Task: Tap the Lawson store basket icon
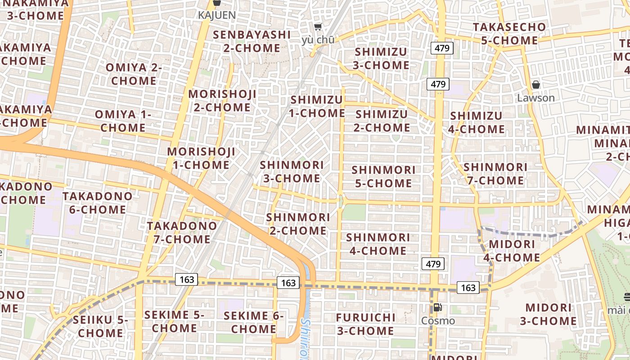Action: [536, 85]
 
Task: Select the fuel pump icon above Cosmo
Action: [437, 308]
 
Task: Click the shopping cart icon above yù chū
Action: [318, 27]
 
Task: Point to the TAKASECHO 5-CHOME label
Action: [509, 34]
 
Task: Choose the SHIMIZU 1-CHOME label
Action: [317, 106]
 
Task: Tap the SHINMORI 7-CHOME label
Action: [495, 174]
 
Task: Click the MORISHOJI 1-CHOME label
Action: [201, 158]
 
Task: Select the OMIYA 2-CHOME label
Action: [134, 74]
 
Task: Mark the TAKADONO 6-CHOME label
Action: [97, 203]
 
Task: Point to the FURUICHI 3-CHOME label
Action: [365, 324]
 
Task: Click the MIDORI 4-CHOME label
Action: [512, 251]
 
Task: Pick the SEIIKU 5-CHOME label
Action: [100, 327]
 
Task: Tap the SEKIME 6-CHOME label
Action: [253, 322]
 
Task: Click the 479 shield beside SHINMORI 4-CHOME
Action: [433, 264]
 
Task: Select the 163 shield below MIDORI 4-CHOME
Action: [468, 287]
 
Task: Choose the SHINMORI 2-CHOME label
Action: [298, 224]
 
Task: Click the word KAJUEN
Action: [216, 15]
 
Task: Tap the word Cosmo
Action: [438, 321]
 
